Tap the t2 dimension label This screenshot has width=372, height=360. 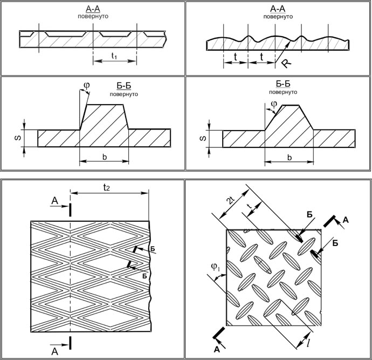[x=108, y=188]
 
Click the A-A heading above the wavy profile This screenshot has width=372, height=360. [x=278, y=9]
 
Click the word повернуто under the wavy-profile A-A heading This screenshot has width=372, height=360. [x=278, y=17]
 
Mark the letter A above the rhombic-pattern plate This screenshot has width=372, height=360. [x=54, y=201]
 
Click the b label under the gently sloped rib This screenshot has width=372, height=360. [x=290, y=158]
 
